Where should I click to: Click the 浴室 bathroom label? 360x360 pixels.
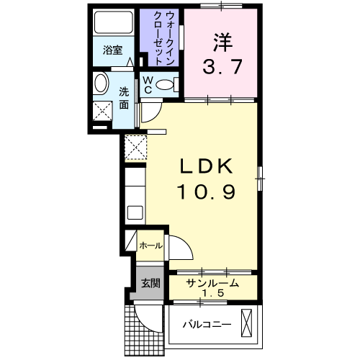pyautogui.click(x=112, y=50)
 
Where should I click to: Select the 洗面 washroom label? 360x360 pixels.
pyautogui.click(x=124, y=98)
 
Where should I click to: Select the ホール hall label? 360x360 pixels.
pyautogui.click(x=150, y=246)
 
